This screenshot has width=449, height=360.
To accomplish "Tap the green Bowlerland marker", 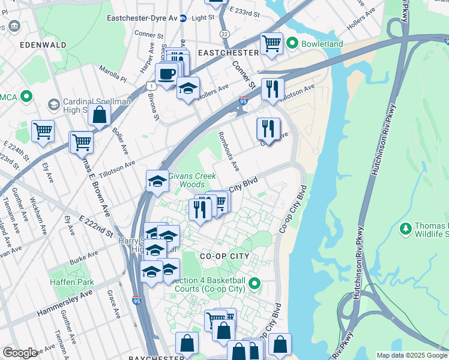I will click(x=292, y=43).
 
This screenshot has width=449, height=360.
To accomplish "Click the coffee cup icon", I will click(x=166, y=74).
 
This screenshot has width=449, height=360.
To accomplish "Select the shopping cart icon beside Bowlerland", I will click(x=271, y=43).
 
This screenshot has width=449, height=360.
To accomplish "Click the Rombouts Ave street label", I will click(x=229, y=150).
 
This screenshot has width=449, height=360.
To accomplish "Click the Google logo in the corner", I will click(x=20, y=353).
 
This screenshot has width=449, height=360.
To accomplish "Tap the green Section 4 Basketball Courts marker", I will click(x=255, y=283).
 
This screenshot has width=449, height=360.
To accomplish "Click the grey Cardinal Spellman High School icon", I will click(x=53, y=105).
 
